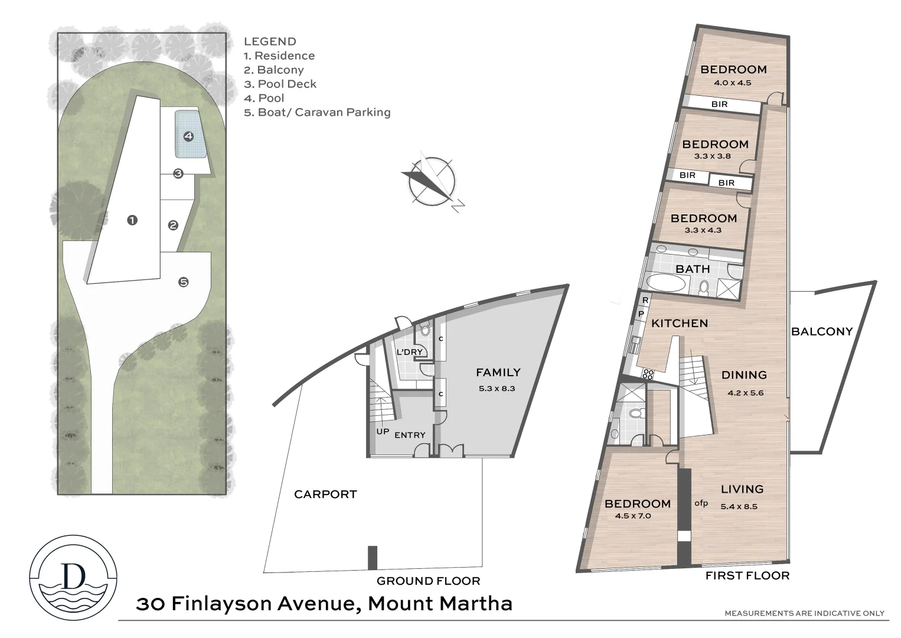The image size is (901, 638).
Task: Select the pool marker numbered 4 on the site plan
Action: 188,136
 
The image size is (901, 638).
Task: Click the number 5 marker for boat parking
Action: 184,282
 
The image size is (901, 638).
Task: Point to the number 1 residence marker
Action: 132,220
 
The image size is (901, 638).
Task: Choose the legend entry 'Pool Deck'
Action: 280,84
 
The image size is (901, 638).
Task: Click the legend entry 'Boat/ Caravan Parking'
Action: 318,112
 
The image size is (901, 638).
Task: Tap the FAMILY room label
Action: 498,372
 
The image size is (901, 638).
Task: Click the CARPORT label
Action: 325,494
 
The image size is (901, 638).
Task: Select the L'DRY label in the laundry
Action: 409,352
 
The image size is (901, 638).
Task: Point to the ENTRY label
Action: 410,435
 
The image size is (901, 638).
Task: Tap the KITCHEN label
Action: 680,323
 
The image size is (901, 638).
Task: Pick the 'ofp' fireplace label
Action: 701,503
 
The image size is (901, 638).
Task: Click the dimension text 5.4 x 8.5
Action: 739,506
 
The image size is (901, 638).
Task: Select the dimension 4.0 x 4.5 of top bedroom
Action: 732,83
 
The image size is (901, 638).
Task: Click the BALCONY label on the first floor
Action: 822,331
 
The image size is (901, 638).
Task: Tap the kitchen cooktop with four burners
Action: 648,373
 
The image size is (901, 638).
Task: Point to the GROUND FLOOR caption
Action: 428,581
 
